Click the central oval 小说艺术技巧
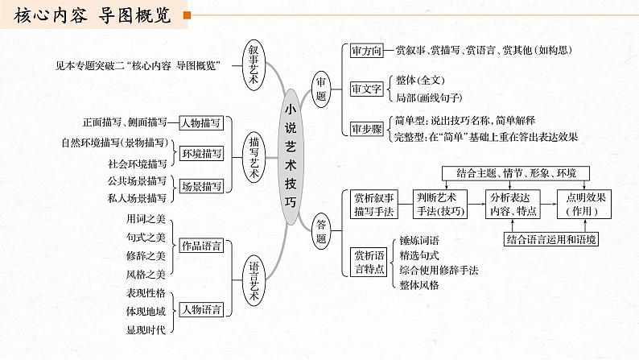point(291,159)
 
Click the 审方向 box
point(366,50)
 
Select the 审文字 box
point(366,89)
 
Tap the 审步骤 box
point(366,129)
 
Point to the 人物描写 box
point(201,123)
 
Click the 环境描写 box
point(201,154)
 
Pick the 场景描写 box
point(201,186)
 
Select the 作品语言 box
point(201,246)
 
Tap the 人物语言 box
point(201,309)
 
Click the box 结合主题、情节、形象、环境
point(516,172)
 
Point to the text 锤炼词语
point(419,240)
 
